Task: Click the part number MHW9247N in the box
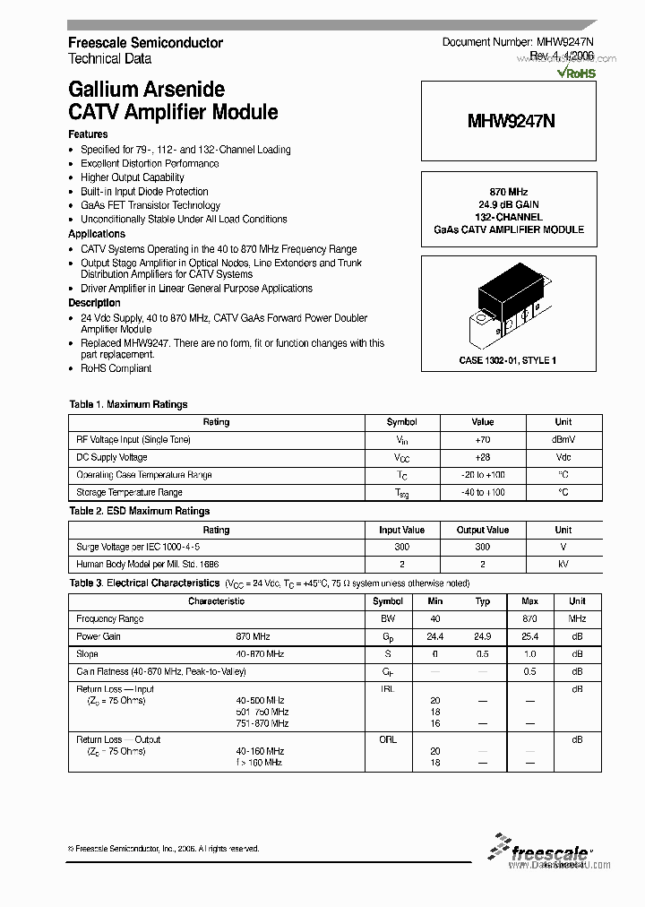pos(509,121)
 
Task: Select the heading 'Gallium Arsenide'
pos(146,90)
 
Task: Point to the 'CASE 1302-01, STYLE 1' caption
pos(508,360)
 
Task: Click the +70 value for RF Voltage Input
pos(483,440)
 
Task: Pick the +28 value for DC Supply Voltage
pos(483,457)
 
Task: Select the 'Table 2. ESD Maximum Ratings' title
pos(140,511)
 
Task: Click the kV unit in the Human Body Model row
pos(563,565)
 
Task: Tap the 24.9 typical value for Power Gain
pos(483,636)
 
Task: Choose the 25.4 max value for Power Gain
pos(529,636)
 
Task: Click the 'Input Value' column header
pos(401,530)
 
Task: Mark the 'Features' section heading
pos(88,134)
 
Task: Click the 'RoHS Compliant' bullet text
pos(116,368)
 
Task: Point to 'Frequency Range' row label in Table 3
pos(110,619)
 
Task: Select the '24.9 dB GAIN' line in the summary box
pos(508,204)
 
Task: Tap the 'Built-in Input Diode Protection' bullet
pos(144,191)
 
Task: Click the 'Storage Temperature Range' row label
pos(130,492)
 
